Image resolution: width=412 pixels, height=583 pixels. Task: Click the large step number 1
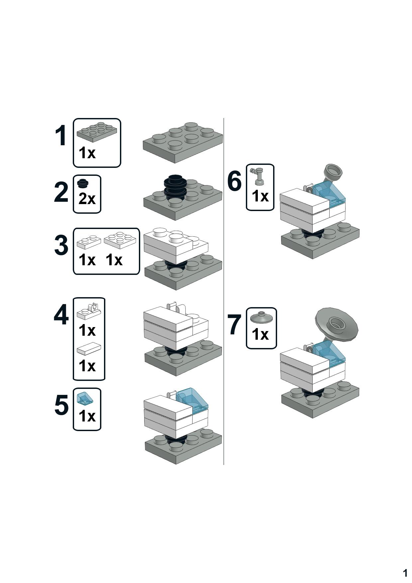click(x=61, y=136)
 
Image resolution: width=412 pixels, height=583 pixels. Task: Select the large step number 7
click(x=234, y=325)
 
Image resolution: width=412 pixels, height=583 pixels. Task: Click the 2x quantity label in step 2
click(x=87, y=199)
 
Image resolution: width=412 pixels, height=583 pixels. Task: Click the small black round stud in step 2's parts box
click(x=83, y=183)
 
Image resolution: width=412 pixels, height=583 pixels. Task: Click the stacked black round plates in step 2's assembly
click(x=175, y=187)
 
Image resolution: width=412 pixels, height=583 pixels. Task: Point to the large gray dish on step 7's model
click(x=337, y=324)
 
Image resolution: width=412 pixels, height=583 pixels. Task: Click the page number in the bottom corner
click(x=405, y=573)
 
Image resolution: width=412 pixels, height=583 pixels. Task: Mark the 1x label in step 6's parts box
click(x=260, y=196)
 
